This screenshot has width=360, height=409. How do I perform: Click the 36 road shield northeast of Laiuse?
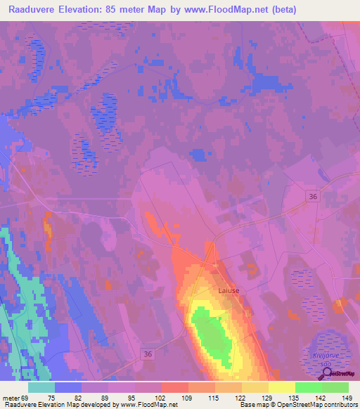[313, 199]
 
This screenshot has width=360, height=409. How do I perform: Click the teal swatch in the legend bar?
[41, 387]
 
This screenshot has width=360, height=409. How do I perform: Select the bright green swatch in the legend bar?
[308, 387]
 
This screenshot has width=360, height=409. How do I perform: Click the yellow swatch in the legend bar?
[281, 387]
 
